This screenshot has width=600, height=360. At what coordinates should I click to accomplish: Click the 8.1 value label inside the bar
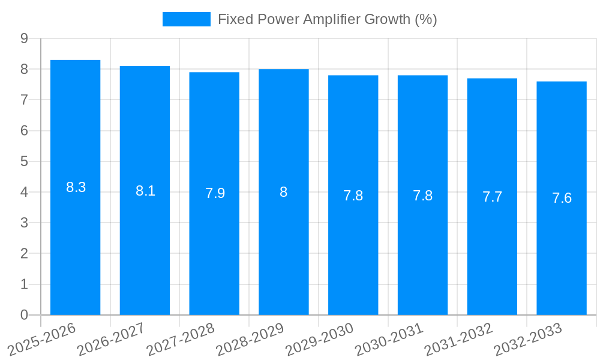(145, 191)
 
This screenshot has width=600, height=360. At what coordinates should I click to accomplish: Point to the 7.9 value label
(215, 193)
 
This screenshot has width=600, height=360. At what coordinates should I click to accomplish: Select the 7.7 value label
(492, 197)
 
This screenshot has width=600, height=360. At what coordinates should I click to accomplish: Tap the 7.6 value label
(562, 198)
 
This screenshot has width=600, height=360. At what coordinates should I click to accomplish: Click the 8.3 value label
(76, 187)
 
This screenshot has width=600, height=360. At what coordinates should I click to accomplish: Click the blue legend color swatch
(186, 19)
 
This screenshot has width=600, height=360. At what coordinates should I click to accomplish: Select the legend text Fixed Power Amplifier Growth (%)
(327, 19)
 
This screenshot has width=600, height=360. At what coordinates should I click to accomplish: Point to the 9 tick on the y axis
(24, 38)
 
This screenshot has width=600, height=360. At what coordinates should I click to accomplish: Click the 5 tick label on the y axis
(24, 161)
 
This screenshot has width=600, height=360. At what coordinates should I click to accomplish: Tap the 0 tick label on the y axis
(24, 315)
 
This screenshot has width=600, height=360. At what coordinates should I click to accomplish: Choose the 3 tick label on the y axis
(24, 223)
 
